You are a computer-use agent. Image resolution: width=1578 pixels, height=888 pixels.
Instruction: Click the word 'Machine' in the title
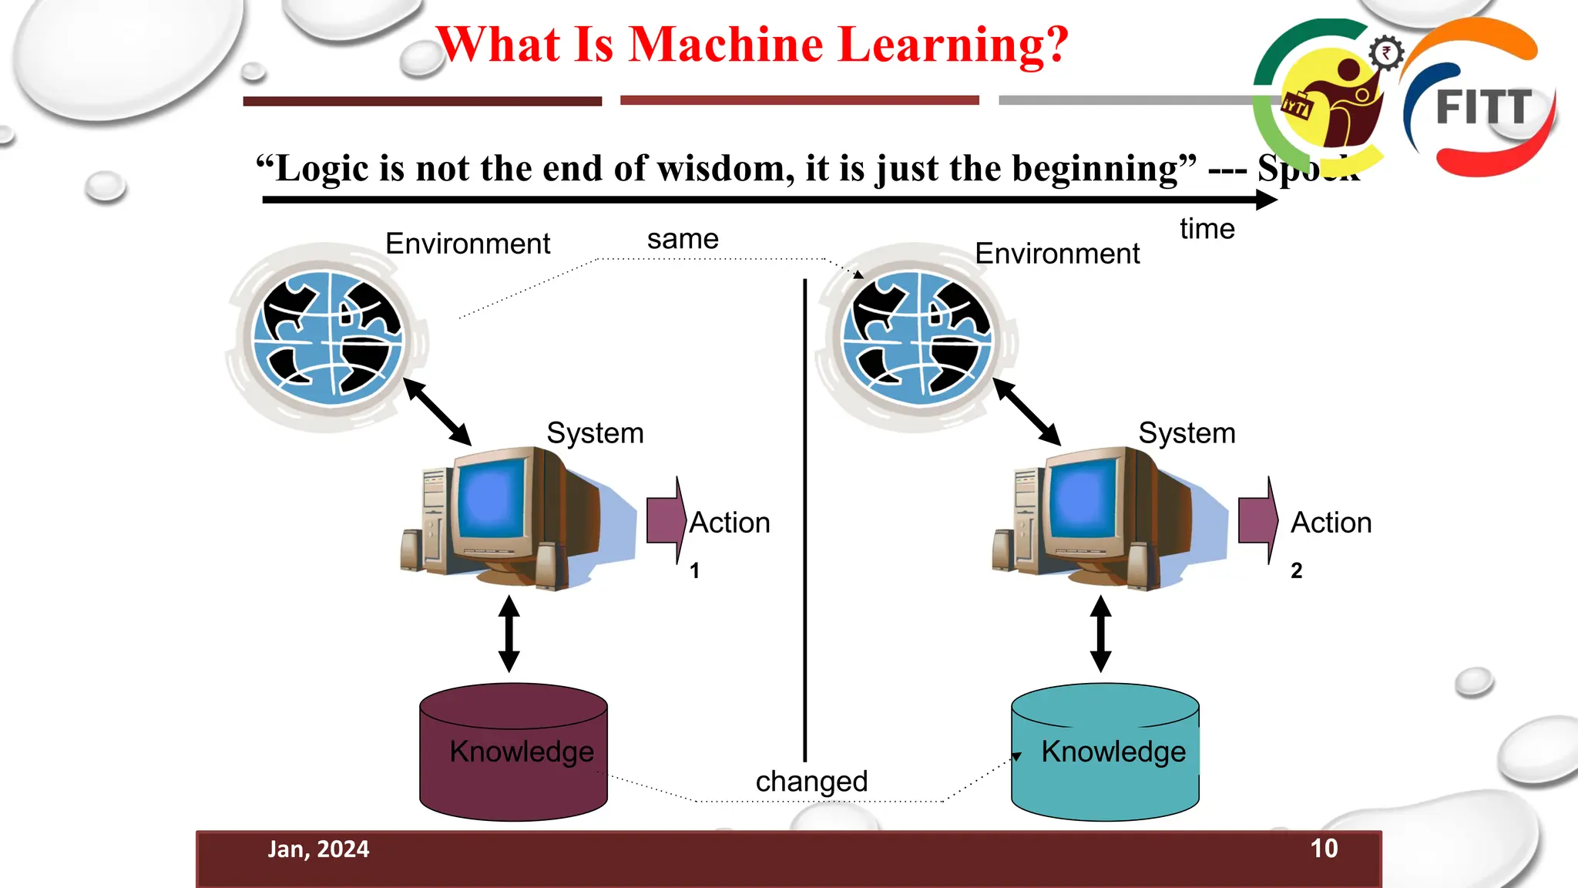726,44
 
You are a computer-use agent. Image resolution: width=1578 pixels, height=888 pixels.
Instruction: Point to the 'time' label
1207,229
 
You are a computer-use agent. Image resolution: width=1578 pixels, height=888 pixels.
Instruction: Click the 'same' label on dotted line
683,239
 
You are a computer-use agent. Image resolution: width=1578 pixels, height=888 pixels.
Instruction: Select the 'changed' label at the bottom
811,781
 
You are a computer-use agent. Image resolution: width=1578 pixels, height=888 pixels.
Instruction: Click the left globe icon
328,338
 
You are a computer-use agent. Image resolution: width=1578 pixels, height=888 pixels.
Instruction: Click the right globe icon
917,338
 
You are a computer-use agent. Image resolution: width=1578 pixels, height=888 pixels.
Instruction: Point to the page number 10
1324,849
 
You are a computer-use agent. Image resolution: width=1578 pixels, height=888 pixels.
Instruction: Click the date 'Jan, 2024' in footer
318,849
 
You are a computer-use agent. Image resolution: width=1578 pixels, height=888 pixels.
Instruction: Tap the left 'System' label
595,433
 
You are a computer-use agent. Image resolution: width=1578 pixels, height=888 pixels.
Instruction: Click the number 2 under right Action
1297,570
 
